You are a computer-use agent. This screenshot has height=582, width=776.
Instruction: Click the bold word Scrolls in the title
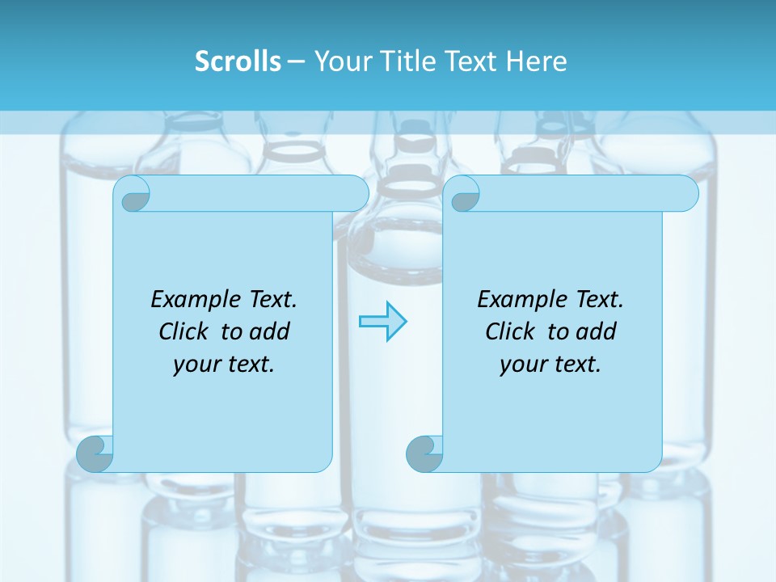(238, 61)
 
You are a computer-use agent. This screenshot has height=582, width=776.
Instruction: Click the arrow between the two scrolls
(382, 322)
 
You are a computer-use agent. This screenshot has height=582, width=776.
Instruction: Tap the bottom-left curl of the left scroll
(95, 453)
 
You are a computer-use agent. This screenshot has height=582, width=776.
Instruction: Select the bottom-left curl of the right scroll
(424, 453)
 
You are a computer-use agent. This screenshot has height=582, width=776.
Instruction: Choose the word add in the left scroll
(269, 332)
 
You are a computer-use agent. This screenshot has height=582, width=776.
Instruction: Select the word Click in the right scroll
(509, 332)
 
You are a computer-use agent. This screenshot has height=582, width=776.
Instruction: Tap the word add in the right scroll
(596, 332)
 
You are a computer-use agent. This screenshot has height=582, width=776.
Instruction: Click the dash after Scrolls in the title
(296, 62)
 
